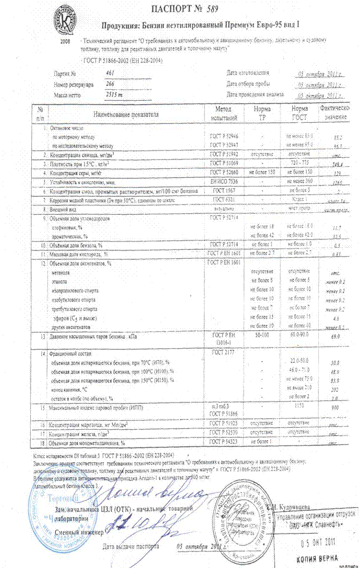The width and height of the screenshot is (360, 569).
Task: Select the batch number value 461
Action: pos(112,72)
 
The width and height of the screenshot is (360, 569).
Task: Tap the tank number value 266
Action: pos(111,83)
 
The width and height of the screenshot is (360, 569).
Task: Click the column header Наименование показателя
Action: pos(125,114)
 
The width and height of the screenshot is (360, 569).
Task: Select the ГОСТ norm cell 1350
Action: pos(299,408)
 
